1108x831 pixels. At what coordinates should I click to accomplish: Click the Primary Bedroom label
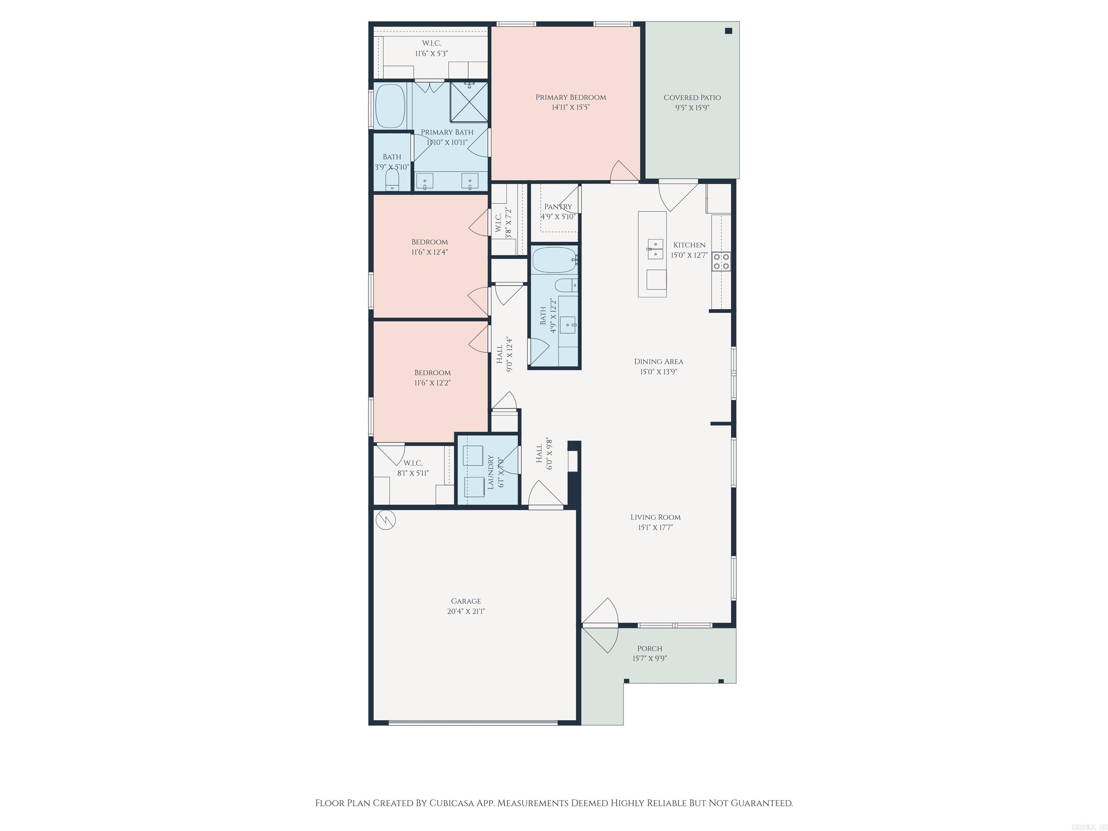[x=571, y=97]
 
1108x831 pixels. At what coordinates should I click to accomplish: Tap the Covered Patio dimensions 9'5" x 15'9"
[x=692, y=108]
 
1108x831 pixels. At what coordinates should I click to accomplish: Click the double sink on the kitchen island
[x=654, y=249]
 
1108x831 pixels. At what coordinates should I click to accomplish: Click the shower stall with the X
[x=469, y=102]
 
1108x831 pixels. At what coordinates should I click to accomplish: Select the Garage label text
[x=466, y=601]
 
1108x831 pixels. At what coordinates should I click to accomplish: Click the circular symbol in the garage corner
[x=386, y=520]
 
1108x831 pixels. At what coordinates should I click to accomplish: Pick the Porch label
[x=650, y=648]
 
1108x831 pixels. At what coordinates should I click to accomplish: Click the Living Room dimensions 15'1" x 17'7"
[x=655, y=527]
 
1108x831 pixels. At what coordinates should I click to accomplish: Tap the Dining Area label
[x=658, y=361]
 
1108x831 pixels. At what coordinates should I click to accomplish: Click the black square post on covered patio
[x=729, y=31]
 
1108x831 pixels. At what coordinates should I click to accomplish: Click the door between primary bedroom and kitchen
[x=624, y=173]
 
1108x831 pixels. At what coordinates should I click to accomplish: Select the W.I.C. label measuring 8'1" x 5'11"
[x=413, y=463]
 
